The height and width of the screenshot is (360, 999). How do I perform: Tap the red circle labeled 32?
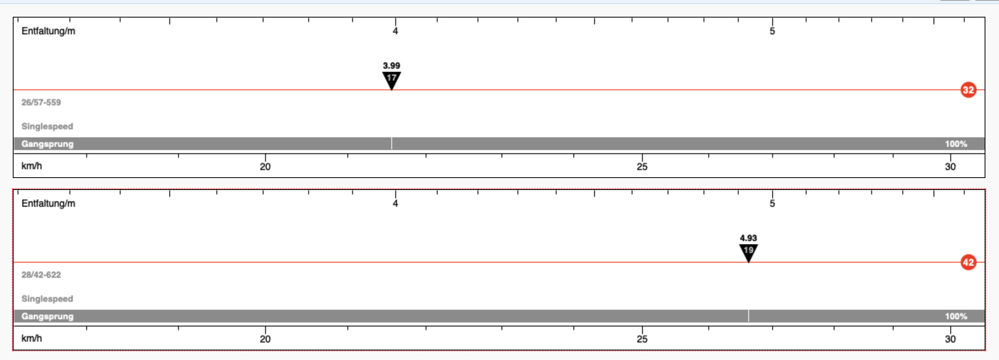(968, 90)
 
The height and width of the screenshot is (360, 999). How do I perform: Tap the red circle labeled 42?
(968, 262)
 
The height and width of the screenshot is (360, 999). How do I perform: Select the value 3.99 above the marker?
(391, 65)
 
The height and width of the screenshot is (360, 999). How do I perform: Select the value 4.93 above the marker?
(748, 238)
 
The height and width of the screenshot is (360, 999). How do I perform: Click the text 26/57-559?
(41, 102)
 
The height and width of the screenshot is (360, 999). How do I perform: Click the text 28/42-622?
(41, 275)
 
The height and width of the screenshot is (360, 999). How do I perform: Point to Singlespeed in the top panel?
(47, 127)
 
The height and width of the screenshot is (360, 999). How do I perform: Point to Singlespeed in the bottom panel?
(47, 299)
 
